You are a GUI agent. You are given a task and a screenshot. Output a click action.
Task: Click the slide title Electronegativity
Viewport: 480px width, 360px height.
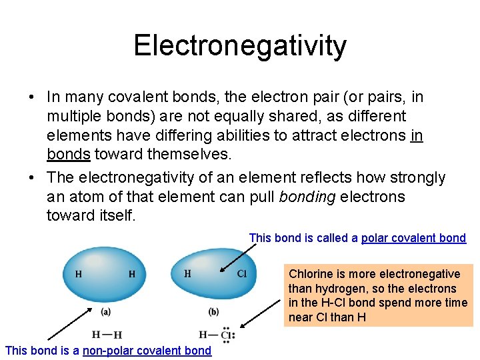point(240,45)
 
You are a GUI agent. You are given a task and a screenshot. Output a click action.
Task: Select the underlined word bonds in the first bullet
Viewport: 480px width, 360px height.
point(69,154)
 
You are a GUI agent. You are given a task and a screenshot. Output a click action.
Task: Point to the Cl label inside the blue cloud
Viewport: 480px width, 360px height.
point(242,273)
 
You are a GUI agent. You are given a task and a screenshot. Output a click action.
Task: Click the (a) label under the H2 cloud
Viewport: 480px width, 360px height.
point(106,311)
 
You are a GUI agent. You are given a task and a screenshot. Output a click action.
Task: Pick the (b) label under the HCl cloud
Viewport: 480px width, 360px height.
point(213,311)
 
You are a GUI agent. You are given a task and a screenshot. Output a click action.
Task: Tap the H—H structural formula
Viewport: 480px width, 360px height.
point(107,335)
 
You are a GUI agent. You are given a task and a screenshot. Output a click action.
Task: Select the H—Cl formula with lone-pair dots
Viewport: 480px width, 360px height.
point(215,335)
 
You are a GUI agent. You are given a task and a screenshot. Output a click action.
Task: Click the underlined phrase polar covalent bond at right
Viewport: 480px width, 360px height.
point(413,238)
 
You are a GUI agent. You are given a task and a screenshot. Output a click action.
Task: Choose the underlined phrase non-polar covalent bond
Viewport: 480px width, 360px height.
point(147,351)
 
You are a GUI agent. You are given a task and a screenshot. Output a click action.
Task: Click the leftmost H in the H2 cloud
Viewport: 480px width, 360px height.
point(79,274)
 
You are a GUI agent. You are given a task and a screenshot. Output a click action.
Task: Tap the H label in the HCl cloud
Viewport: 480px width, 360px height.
point(187,273)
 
